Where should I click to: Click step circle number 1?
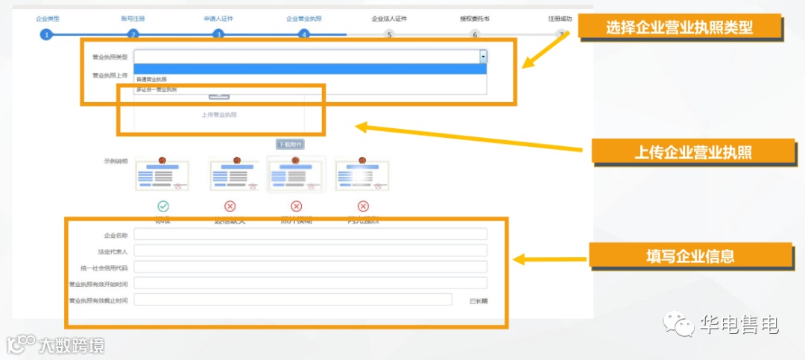(x=46, y=34)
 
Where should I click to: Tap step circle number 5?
(x=388, y=34)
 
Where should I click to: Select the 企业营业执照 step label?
(x=303, y=19)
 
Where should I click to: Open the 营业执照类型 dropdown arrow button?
(x=483, y=56)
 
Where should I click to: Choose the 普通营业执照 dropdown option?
(x=152, y=79)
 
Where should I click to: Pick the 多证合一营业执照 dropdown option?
(x=157, y=89)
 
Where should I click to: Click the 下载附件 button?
(x=290, y=145)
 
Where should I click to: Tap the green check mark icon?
(x=163, y=206)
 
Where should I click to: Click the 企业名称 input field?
(x=310, y=235)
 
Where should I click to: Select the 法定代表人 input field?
(x=310, y=250)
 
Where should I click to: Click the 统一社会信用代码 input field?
(x=310, y=267)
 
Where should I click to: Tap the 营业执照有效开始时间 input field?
(x=310, y=283)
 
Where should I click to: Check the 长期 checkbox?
(x=473, y=301)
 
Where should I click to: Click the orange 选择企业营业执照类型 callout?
(x=679, y=28)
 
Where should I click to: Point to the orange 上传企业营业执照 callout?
(x=692, y=152)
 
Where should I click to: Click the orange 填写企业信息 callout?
(x=690, y=256)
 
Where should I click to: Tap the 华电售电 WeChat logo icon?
(x=678, y=325)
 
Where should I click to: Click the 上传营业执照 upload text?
(x=219, y=115)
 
